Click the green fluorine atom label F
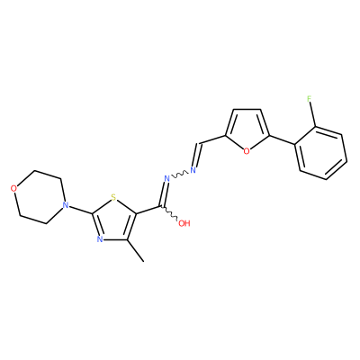(310, 99)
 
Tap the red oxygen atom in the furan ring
(247, 151)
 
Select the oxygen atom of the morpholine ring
(13, 188)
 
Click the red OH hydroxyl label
(184, 223)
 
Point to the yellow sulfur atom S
(113, 197)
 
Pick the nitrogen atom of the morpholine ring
(64, 205)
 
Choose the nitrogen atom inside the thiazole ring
(100, 238)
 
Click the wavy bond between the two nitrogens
(180, 175)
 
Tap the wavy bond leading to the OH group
(171, 213)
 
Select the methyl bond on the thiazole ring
(136, 251)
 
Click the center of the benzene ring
(320, 153)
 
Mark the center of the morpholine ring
(39, 197)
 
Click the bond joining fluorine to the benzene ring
(313, 115)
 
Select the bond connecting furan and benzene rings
(282, 140)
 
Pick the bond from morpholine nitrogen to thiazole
(79, 210)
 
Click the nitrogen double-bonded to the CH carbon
(193, 170)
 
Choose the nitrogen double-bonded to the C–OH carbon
(167, 178)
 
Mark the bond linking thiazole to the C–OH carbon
(149, 210)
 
